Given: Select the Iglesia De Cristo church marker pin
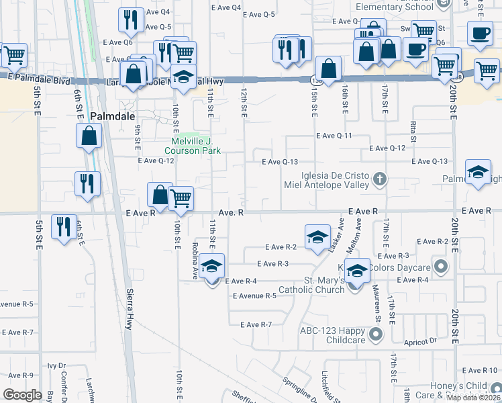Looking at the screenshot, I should pyautogui.click(x=380, y=179).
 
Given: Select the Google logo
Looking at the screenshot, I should pyautogui.click(x=22, y=394).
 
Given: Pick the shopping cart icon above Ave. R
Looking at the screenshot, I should pyautogui.click(x=181, y=198).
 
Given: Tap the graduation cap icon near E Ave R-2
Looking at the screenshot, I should pyautogui.click(x=317, y=237).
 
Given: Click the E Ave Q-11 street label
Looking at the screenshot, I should pyautogui.click(x=334, y=136).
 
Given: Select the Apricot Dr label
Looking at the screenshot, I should pyautogui.click(x=421, y=342).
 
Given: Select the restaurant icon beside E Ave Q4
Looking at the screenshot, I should pyautogui.click(x=129, y=20).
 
